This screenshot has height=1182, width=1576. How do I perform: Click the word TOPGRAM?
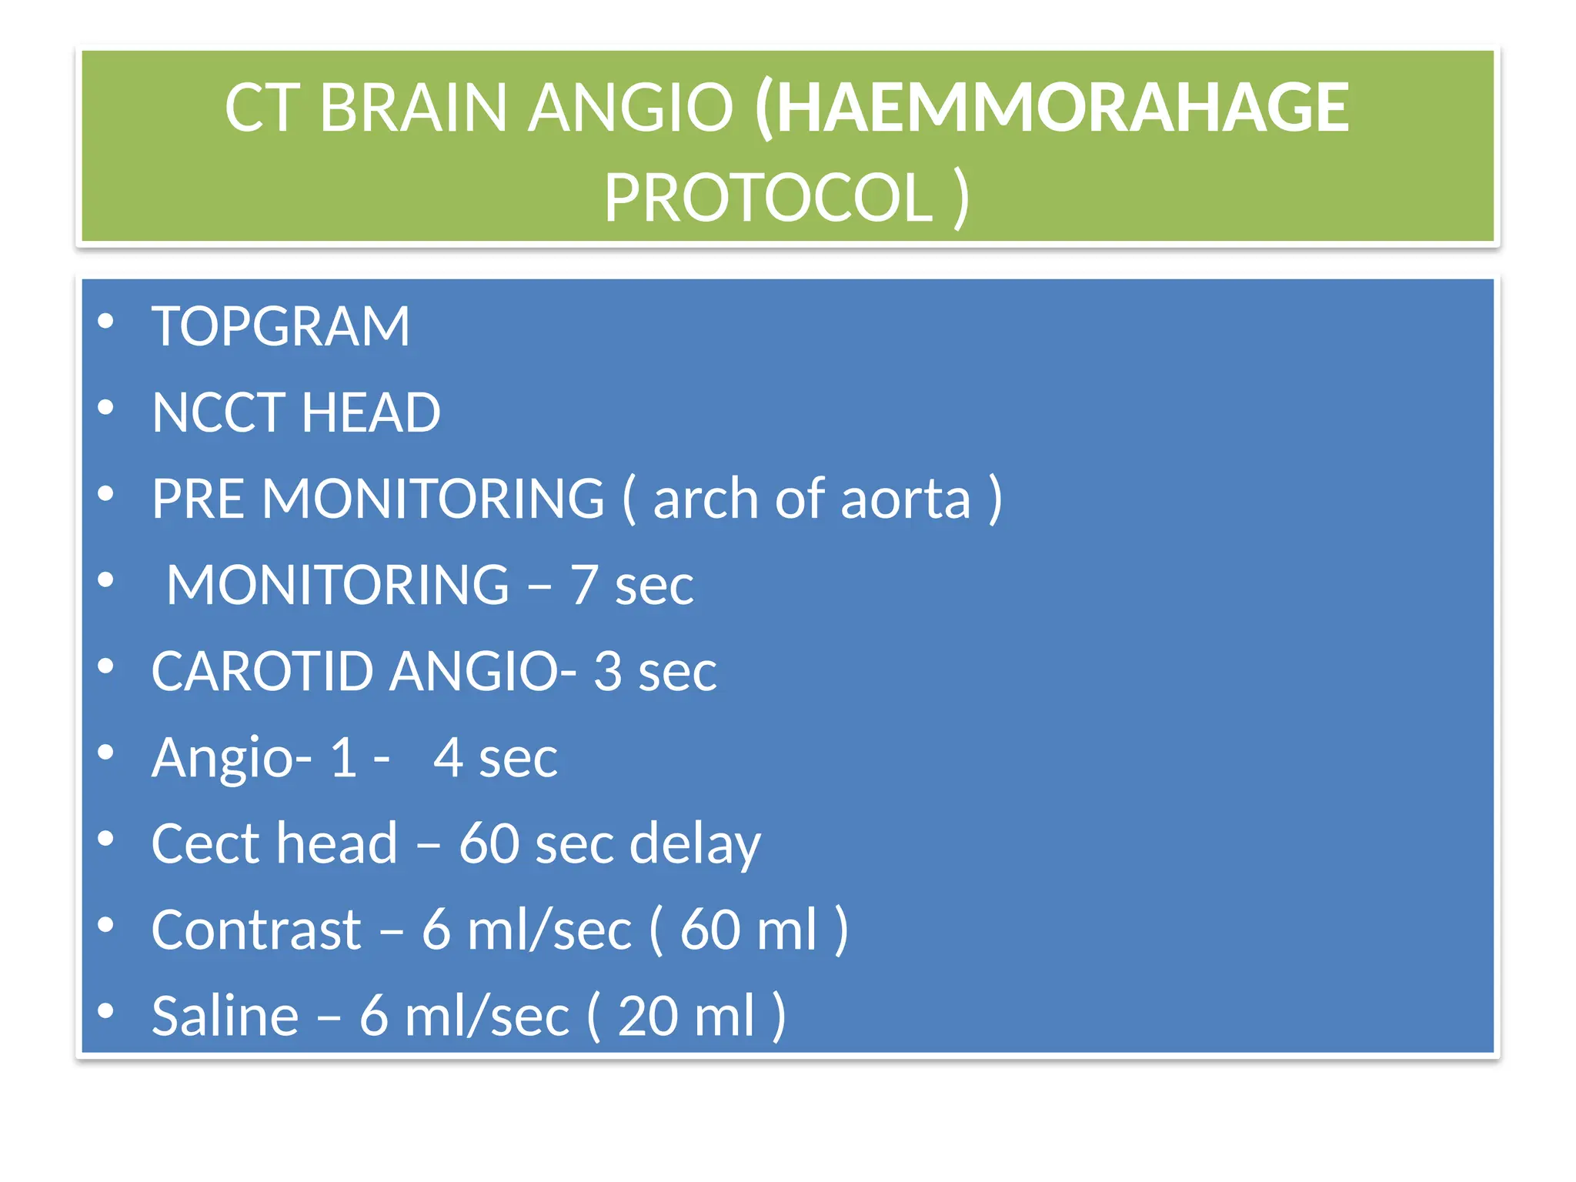coord(281,326)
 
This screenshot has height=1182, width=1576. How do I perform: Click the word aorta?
coord(906,499)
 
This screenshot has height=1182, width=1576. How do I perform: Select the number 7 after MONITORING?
coord(584,585)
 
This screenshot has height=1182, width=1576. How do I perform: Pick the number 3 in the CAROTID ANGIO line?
coord(607,671)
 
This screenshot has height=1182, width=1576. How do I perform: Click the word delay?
coord(695,843)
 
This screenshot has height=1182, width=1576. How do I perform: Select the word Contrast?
coord(256,930)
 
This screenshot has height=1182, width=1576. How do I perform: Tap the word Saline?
coord(225,1016)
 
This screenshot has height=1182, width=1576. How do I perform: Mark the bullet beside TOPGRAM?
coord(106,321)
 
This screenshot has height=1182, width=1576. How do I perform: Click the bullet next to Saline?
coord(106,1010)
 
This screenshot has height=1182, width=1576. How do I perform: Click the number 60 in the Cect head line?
coord(489,843)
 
